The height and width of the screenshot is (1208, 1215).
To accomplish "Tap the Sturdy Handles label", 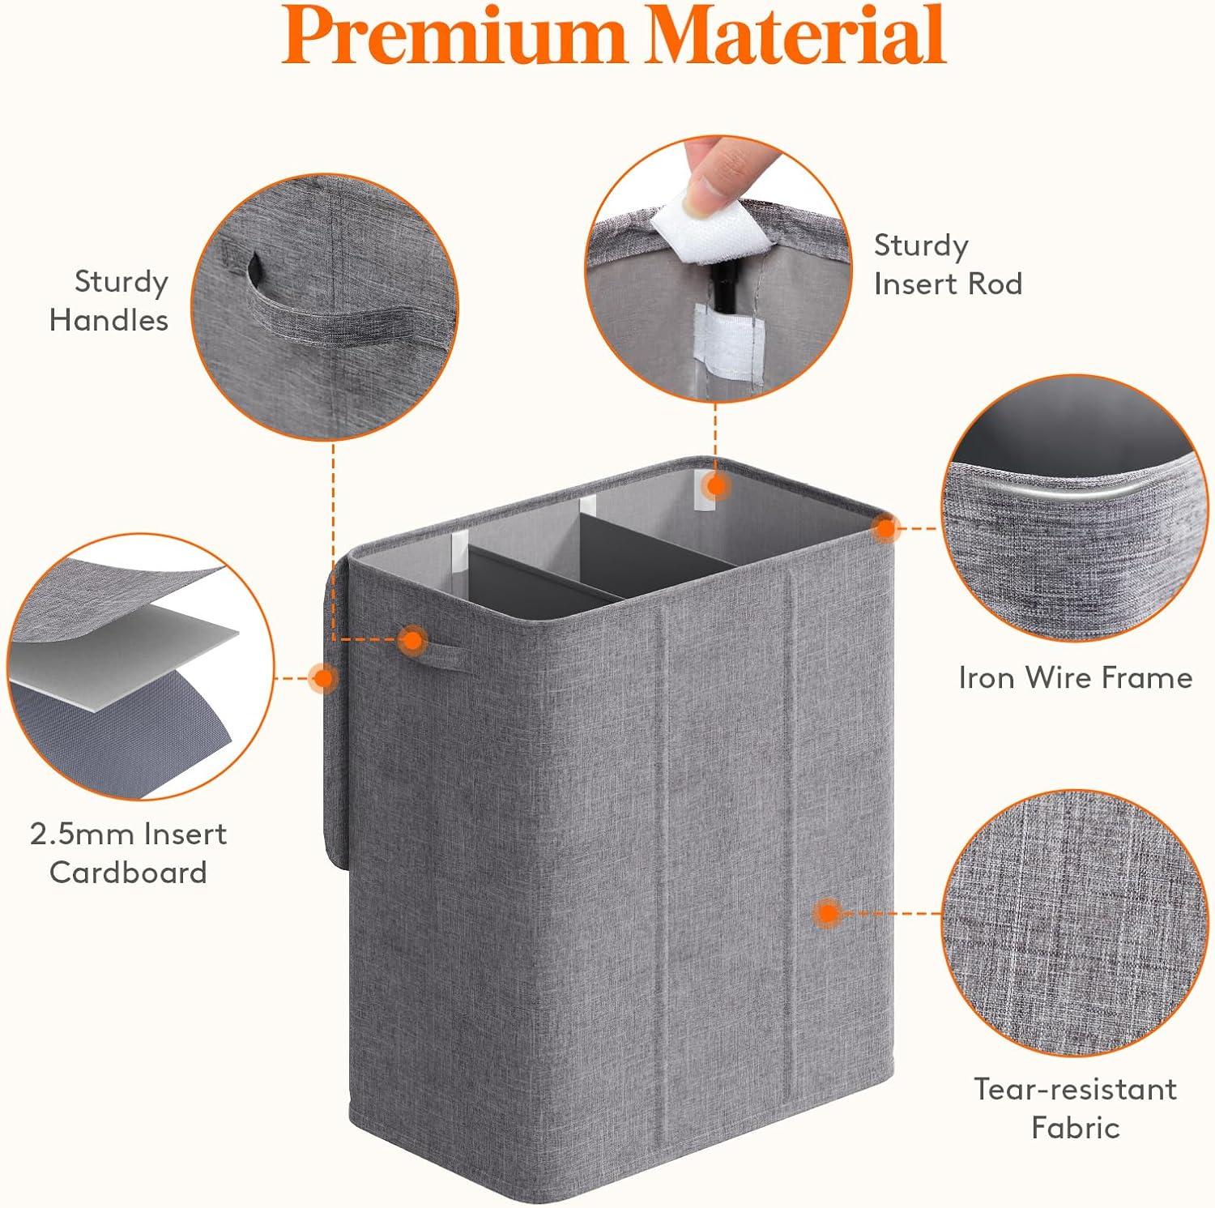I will click(x=109, y=301).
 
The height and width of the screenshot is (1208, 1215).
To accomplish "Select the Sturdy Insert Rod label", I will click(x=948, y=264).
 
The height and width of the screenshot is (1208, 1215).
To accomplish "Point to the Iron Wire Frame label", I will click(x=1075, y=677).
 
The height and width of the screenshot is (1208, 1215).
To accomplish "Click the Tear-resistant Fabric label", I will click(x=1075, y=1108).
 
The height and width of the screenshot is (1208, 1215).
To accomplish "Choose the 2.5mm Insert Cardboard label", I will click(x=128, y=853).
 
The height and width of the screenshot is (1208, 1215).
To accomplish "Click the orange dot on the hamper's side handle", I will click(x=413, y=640).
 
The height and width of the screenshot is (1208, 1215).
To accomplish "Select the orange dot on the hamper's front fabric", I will click(x=827, y=913).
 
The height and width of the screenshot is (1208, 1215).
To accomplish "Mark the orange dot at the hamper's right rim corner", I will click(x=886, y=529).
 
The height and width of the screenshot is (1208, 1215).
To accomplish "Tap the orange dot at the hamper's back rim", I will click(x=715, y=486).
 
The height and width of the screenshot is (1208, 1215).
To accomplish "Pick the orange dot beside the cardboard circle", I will click(x=323, y=677).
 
